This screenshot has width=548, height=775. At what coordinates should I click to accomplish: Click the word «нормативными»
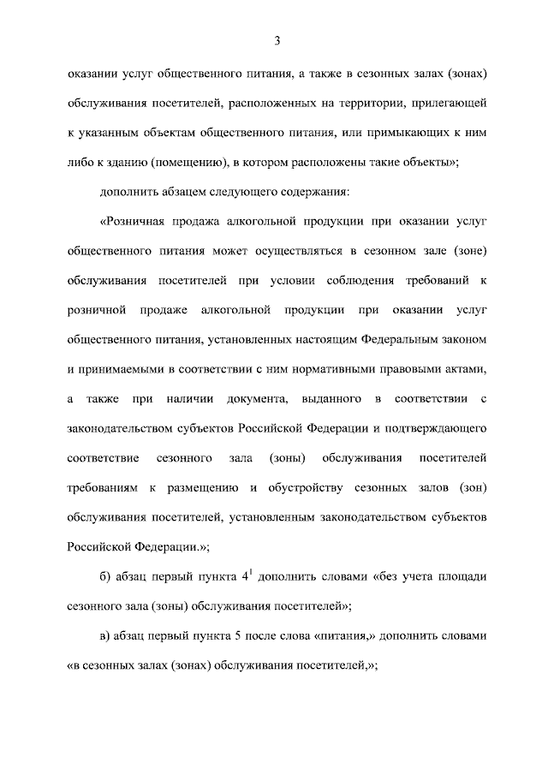350,369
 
